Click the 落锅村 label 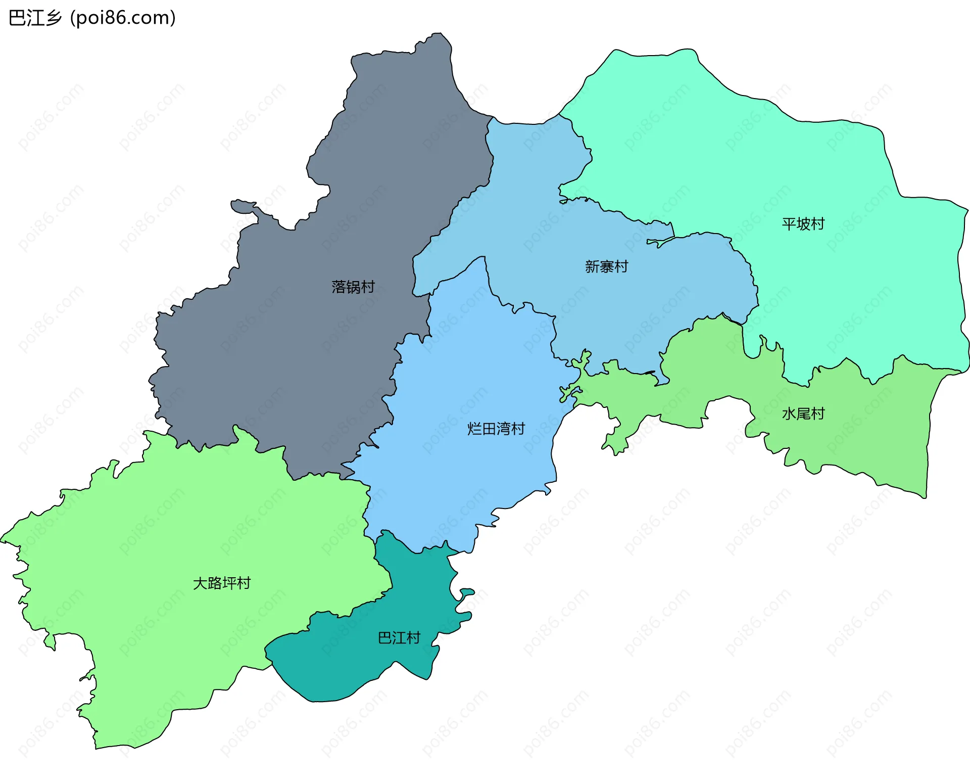(x=353, y=287)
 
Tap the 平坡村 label (x=803, y=223)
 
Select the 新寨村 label (x=606, y=266)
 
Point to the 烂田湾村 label (x=496, y=429)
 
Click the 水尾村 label (x=803, y=413)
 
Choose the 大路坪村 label (x=222, y=583)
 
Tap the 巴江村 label (x=399, y=637)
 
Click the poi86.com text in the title (x=123, y=18)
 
